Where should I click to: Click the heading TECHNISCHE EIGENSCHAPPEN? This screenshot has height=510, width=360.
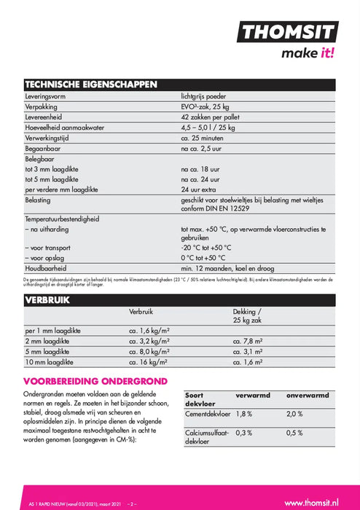(91, 85)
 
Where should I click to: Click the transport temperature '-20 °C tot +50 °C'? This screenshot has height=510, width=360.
(209, 248)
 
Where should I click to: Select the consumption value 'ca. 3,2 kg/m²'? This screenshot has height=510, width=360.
(149, 340)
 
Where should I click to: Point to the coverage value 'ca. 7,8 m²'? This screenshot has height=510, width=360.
(249, 340)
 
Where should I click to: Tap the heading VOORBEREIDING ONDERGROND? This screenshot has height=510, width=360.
(95, 380)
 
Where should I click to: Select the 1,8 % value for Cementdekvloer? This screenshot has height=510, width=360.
(245, 414)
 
